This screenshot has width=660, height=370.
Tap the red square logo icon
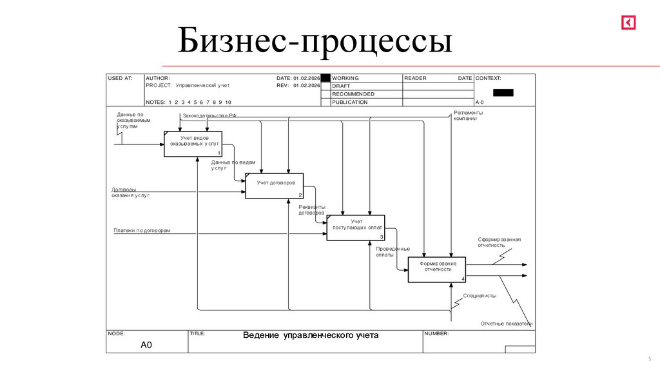pos(628,23)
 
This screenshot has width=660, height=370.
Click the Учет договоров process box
pos(275,186)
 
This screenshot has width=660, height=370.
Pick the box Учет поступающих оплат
pos(356,227)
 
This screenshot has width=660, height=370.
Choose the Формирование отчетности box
pos(437,269)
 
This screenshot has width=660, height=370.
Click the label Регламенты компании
pos(468,115)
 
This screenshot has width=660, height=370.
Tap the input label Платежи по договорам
pos(142,230)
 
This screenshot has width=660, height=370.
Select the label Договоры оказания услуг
pos(130,192)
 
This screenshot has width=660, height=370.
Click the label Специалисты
pos(480,295)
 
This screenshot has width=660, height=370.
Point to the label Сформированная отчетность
pos(499,242)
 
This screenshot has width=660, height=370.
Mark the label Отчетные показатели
pos(506,323)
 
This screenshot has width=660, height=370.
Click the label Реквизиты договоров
pos(312,209)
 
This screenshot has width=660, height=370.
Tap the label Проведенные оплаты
pos(393,251)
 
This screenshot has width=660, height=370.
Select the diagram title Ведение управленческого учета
pos(311,335)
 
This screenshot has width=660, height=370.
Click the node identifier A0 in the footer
pos(146,346)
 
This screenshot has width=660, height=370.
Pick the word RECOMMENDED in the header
pos(353,94)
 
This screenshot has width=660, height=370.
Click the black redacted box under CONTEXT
pos(503,92)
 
